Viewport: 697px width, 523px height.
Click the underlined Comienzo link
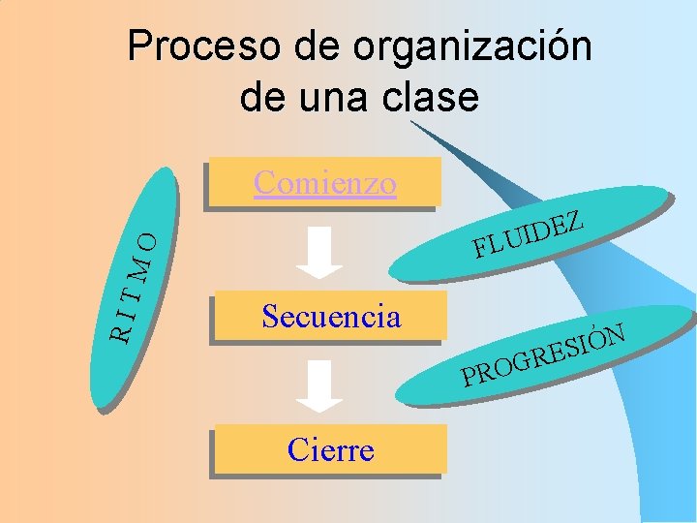tap(325, 182)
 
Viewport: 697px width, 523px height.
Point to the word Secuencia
tap(331, 316)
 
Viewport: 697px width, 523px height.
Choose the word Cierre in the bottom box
tap(331, 450)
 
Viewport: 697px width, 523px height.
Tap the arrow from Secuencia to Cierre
tap(318, 385)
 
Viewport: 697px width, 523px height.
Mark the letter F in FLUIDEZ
tap(480, 251)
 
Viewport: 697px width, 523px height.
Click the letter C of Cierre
tap(297, 450)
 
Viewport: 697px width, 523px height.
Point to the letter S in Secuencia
tap(270, 316)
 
